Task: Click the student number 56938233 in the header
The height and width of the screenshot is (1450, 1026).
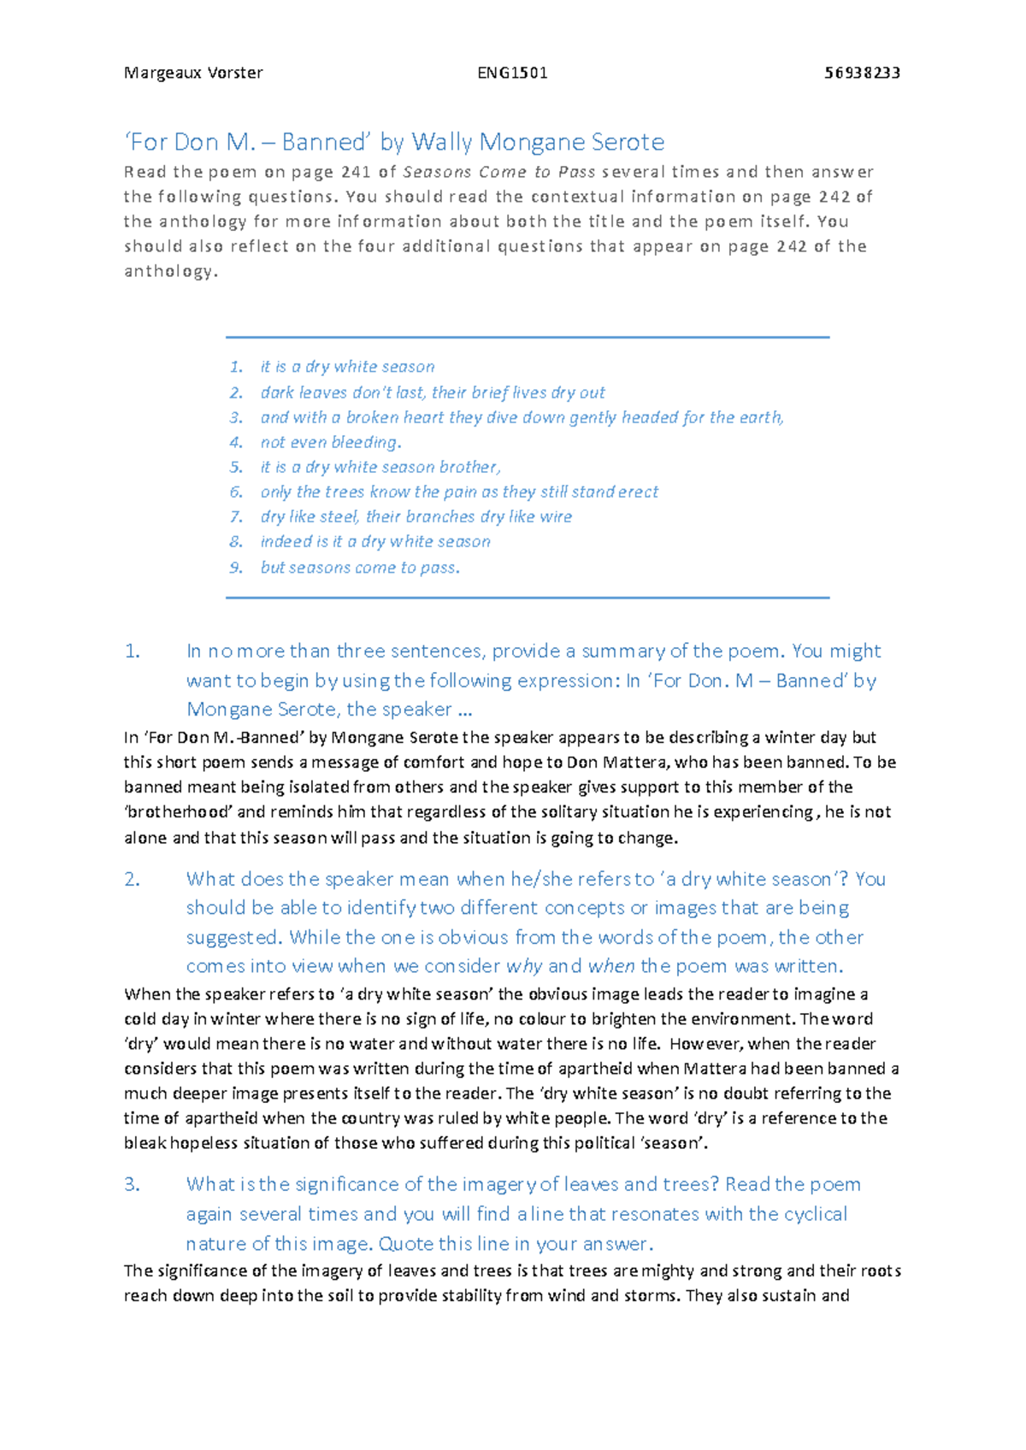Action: [862, 73]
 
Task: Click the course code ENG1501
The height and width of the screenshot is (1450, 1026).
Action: [512, 73]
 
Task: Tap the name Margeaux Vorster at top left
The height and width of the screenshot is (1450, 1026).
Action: [193, 73]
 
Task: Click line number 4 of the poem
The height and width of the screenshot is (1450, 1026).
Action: [236, 443]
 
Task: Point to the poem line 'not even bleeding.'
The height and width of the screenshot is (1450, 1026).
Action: [331, 443]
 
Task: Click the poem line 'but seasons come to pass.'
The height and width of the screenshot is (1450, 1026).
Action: [360, 568]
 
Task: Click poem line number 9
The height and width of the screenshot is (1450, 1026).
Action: [236, 568]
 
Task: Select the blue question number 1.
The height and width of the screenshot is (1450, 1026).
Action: [132, 651]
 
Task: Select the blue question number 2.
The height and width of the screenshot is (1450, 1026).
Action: [132, 880]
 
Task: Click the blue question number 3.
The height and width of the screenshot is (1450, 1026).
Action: [132, 1185]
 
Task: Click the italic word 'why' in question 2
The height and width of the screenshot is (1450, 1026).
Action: [524, 967]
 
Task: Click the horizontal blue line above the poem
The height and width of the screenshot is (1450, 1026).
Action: [527, 338]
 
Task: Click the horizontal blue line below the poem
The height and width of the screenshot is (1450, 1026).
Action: [527, 598]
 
